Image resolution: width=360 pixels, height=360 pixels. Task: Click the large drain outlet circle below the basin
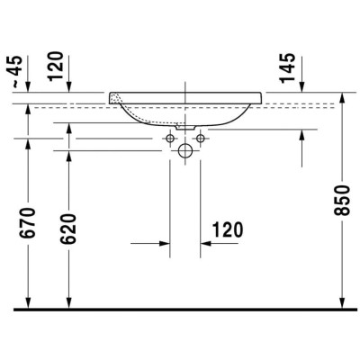coord(186,151)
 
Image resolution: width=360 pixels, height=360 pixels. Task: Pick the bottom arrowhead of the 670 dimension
coord(30,303)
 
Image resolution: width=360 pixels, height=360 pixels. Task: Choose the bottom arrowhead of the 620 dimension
coord(68,303)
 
